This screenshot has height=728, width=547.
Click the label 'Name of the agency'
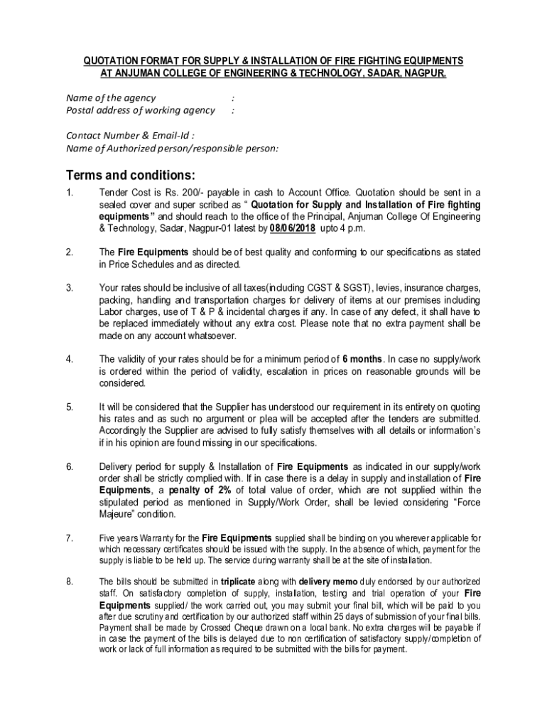click(111, 97)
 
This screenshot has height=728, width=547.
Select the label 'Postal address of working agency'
click(140, 110)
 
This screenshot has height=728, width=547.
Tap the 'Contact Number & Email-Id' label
click(130, 135)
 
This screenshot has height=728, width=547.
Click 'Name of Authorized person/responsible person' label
click(172, 148)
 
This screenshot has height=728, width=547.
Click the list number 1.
click(69, 192)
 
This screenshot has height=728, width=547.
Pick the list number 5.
click(70, 407)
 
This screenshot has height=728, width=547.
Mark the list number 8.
click(70, 581)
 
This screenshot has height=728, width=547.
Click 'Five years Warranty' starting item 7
click(134, 538)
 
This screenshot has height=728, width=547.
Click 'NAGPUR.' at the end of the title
click(425, 73)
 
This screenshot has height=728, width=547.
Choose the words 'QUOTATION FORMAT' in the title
click(121, 61)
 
